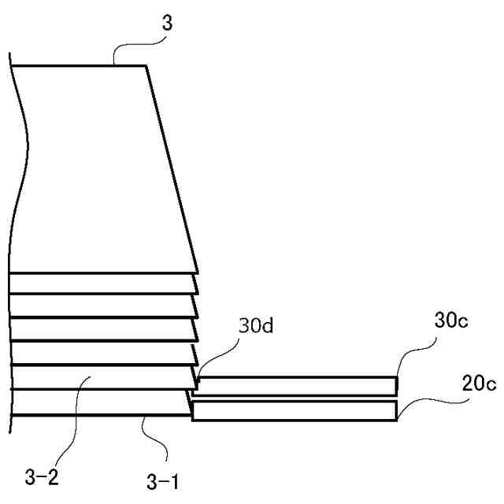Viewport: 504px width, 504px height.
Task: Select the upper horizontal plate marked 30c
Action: click(x=295, y=385)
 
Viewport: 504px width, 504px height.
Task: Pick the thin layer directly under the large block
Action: click(x=102, y=283)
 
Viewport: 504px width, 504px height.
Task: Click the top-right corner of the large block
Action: click(x=146, y=66)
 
